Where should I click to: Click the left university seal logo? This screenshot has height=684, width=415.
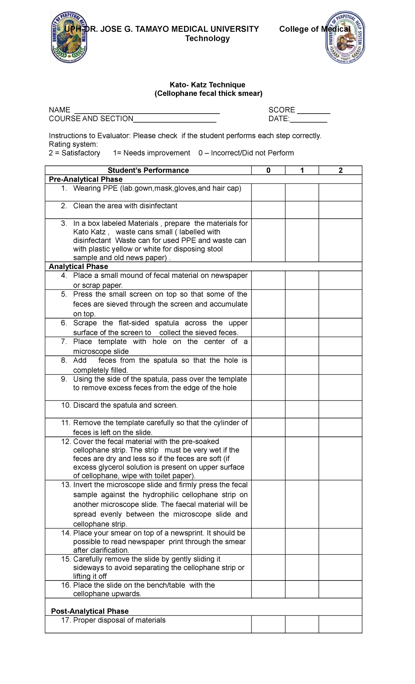coord(69,37)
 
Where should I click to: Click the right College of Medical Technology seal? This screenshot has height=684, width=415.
coord(345,37)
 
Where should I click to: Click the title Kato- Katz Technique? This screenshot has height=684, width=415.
coord(207,85)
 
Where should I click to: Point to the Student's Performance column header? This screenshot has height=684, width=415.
coord(148,170)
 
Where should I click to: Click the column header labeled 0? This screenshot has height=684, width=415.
coord(268,170)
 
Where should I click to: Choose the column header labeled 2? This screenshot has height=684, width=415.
coord(340,170)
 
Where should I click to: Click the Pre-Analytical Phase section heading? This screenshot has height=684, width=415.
coord(86,179)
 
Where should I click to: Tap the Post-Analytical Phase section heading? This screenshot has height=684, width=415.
coord(90,611)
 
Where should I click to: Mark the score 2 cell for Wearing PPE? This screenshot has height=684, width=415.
coord(340,192)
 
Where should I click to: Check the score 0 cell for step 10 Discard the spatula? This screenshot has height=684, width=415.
coord(268,409)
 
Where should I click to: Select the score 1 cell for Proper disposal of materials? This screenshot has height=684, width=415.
coord(302,624)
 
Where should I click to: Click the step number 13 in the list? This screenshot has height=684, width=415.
coord(66,485)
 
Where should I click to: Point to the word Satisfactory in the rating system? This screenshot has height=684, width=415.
coord(81,153)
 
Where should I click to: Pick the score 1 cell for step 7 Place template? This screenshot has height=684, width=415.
coord(302,346)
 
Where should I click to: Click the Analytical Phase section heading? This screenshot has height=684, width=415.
coord(79,267)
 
